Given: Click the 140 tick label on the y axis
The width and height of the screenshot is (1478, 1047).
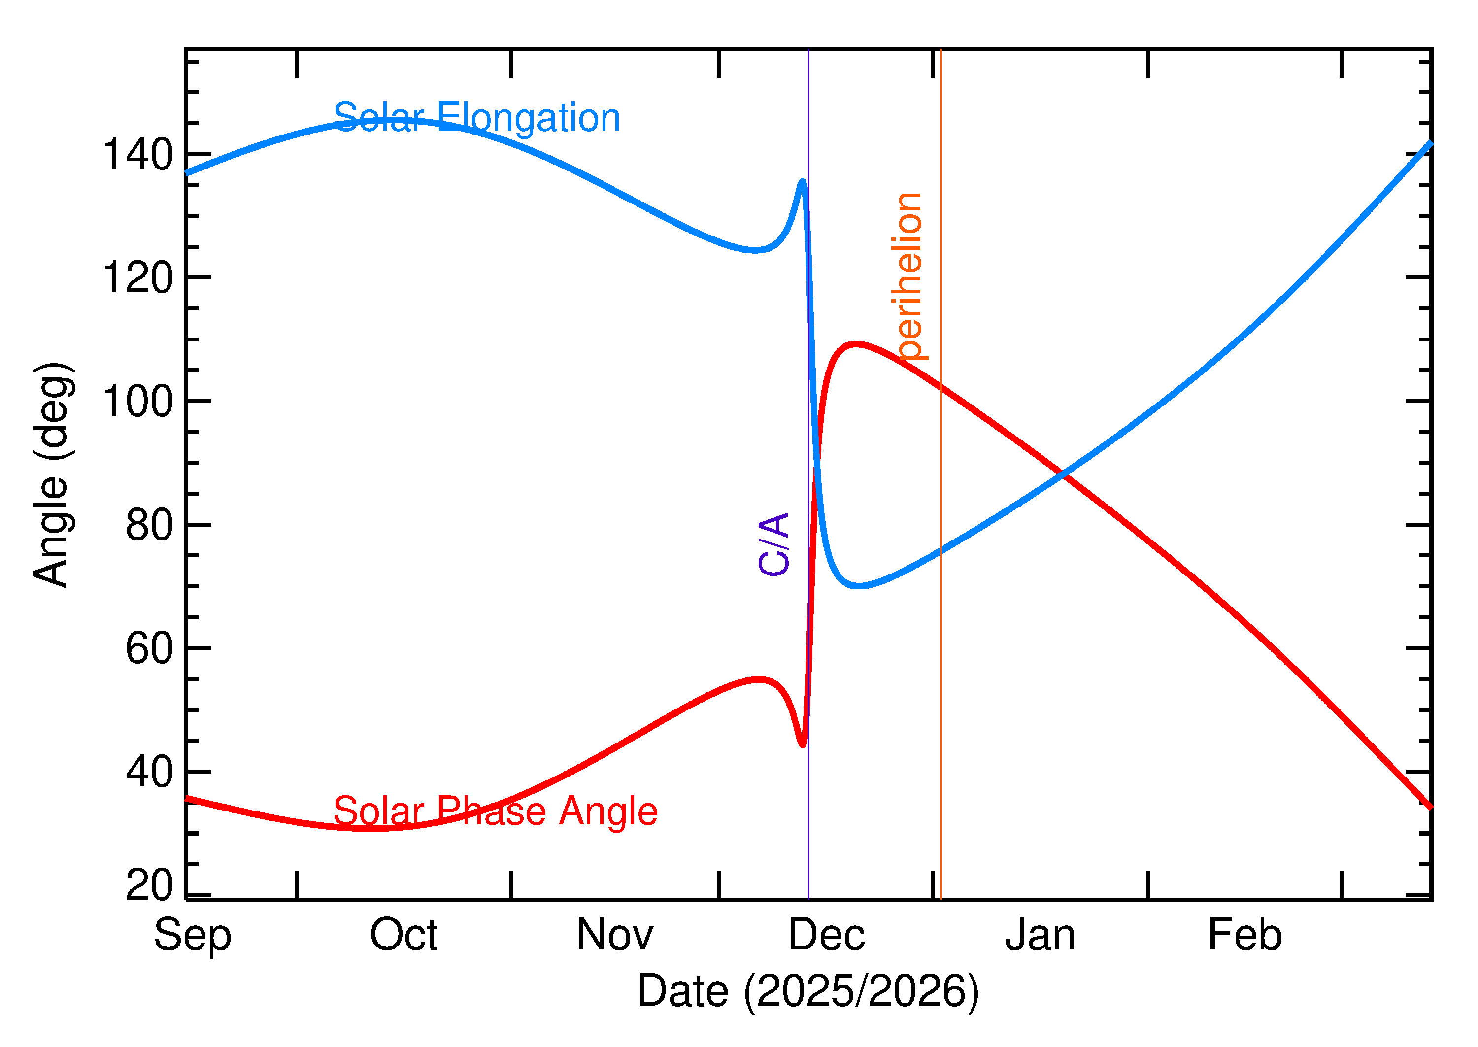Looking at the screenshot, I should click(138, 155).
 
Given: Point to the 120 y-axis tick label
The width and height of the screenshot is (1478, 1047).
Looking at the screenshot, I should click(138, 278).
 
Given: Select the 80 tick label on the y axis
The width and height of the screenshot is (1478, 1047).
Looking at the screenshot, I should click(150, 525).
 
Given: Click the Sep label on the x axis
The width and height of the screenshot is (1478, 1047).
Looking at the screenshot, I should click(192, 936).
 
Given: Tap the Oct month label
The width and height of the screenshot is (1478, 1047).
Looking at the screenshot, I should click(403, 936).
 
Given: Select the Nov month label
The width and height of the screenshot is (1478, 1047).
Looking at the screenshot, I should click(614, 936).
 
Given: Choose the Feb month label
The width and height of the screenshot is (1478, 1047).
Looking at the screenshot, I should click(1244, 936).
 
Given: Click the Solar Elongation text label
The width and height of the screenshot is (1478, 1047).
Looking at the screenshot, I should click(476, 118).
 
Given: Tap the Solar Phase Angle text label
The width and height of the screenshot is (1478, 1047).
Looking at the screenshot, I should click(495, 811).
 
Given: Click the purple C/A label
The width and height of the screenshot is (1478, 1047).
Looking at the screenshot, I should click(774, 543).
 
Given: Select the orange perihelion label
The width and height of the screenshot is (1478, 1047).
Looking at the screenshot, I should click(909, 276).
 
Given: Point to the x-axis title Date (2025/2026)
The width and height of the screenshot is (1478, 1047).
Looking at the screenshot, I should click(807, 991).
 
